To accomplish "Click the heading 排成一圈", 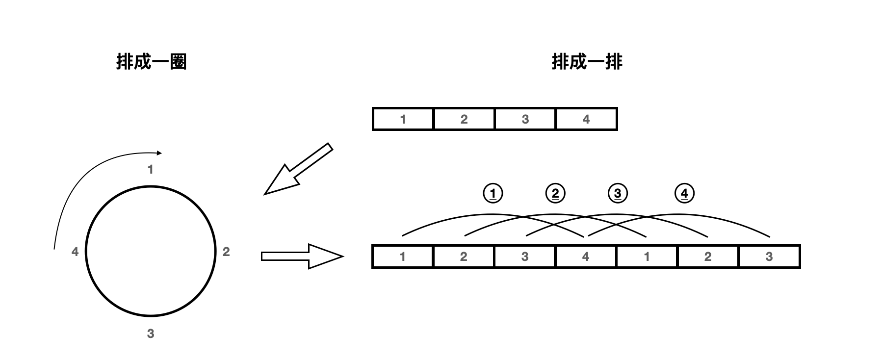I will click(151, 62).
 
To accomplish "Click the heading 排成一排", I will click(587, 62).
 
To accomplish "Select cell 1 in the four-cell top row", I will click(403, 119).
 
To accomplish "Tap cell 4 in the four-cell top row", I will click(586, 119).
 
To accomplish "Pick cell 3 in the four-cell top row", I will click(525, 119).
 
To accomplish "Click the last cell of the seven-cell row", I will click(769, 257).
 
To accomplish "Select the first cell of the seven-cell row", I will click(403, 257).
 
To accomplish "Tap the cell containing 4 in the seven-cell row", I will click(586, 257).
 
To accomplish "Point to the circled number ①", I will click(493, 193).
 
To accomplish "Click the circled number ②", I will click(555, 193).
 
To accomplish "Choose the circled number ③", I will click(618, 193).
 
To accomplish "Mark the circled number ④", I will click(684, 193).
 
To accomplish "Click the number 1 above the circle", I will click(151, 170).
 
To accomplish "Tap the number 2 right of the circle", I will click(226, 252).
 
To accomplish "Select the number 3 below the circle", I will click(151, 334).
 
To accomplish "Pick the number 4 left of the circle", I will click(75, 252).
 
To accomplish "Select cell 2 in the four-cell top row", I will click(464, 119).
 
